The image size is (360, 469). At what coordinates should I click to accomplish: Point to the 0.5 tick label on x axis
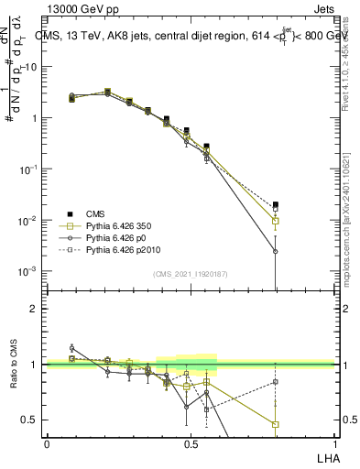pos(191,443)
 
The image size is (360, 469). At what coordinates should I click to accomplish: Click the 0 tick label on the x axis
pos(47,443)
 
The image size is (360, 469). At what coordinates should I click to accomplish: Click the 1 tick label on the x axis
pos(335,443)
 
